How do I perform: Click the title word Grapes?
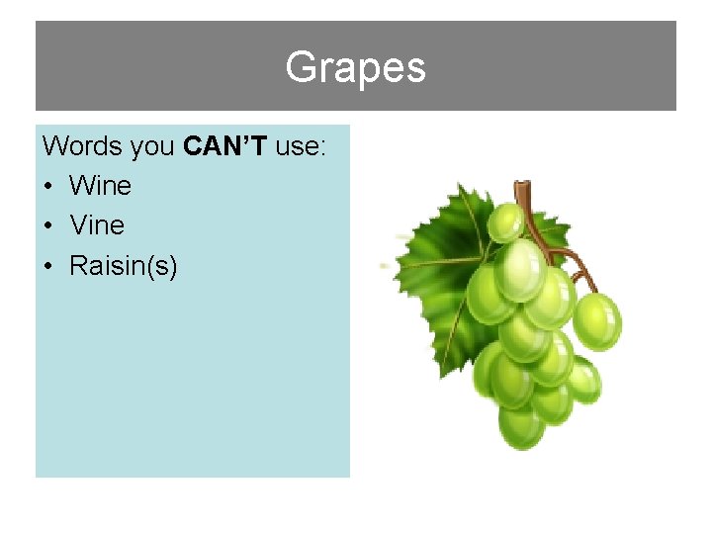[x=355, y=68]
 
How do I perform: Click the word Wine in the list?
[x=100, y=186]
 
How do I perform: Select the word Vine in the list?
[x=97, y=225]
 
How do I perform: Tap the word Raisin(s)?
[x=124, y=265]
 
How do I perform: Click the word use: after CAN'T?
[x=302, y=146]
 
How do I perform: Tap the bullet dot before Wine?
[x=50, y=187]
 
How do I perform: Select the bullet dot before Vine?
[x=50, y=226]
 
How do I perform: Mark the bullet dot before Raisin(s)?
[x=50, y=266]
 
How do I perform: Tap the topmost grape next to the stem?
[x=506, y=222]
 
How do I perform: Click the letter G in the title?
[x=300, y=67]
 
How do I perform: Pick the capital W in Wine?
[x=81, y=186]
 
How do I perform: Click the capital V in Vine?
[x=78, y=225]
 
